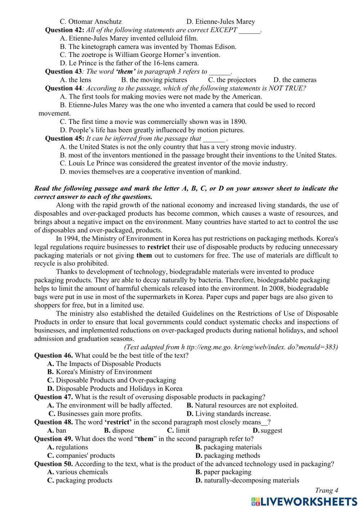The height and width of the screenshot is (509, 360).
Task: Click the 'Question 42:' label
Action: coord(64,30)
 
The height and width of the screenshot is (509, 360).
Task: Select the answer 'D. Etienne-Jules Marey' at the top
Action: coord(220,22)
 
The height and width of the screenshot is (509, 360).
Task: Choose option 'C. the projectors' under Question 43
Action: coord(232,80)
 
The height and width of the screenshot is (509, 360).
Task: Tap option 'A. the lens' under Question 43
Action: coord(76,80)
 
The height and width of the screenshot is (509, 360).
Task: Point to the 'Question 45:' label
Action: coord(64,139)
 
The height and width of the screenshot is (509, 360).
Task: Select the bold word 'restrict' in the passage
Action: coord(158,247)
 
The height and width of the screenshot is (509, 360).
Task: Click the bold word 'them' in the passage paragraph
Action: coord(144,255)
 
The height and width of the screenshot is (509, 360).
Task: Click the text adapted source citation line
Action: coord(231,347)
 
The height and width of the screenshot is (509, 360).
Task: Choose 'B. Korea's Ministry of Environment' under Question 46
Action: coord(99,372)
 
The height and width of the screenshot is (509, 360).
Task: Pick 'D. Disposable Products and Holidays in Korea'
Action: coord(114,389)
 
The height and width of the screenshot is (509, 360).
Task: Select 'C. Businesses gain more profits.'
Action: coord(95,414)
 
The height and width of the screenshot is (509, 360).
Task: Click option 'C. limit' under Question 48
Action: coord(178,430)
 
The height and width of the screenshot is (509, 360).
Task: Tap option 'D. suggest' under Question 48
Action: coord(267,430)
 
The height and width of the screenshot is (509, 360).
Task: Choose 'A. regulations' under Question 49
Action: coord(68,447)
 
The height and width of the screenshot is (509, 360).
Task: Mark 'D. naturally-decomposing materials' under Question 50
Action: coord(247,481)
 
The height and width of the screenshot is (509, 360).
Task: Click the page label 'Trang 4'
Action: coord(327,490)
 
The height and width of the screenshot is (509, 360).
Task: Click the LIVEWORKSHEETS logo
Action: coord(304,501)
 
